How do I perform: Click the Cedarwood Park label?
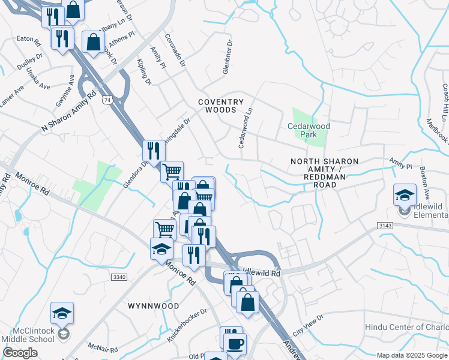point(309,130)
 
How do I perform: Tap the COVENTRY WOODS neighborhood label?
point(221,106)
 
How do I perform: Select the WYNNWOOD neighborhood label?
point(154,305)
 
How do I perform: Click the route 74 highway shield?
point(107,100)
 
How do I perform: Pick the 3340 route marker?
point(119,277)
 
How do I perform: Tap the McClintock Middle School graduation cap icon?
point(62,313)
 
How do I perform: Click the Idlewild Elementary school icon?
point(405,195)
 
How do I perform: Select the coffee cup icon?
point(235,343)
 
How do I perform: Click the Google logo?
point(20,353)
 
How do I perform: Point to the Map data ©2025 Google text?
point(412,355)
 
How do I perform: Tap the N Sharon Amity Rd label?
point(69,112)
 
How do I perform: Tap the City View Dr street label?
point(308,325)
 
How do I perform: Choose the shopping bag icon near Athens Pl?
point(94,43)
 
